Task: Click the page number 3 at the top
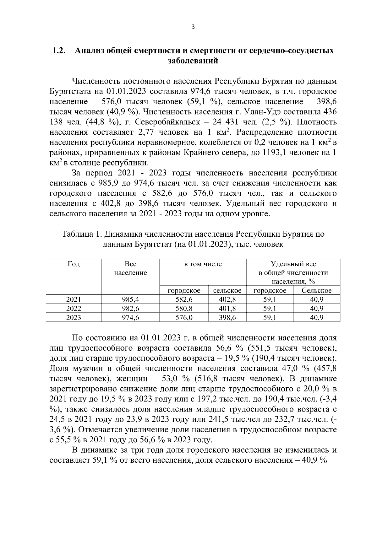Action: click(x=193, y=27)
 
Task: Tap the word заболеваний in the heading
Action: click(x=193, y=61)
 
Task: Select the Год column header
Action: click(x=74, y=264)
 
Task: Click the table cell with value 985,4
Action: click(x=130, y=299)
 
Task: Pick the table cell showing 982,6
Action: click(x=130, y=309)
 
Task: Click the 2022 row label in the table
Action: click(x=74, y=309)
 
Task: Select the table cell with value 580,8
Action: click(x=184, y=309)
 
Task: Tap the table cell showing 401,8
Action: click(x=227, y=309)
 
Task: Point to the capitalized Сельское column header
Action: click(x=316, y=291)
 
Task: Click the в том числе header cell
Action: click(x=203, y=264)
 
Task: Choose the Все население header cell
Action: click(x=130, y=268)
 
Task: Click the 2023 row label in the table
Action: click(x=74, y=318)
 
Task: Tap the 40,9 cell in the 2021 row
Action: click(x=316, y=299)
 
